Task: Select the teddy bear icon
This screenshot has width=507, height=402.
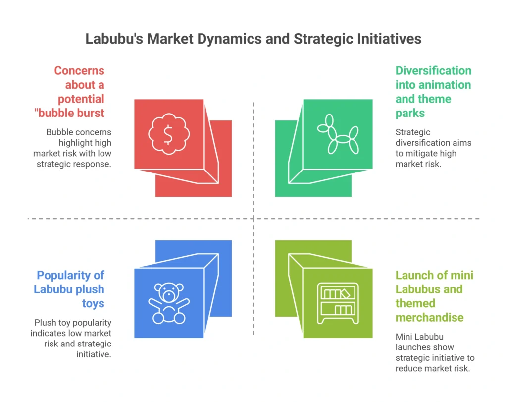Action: click(x=169, y=303)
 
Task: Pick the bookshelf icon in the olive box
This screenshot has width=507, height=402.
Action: click(x=338, y=303)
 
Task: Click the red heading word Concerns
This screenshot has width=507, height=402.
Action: click(x=79, y=71)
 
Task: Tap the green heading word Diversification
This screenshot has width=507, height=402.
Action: click(x=433, y=71)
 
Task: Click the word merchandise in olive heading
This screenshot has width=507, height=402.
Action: click(x=429, y=318)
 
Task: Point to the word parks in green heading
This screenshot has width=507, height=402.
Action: click(x=410, y=113)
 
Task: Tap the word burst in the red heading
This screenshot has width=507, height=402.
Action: click(x=90, y=113)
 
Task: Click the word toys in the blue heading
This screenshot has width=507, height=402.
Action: click(x=94, y=303)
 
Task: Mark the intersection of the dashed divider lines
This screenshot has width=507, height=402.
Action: click(x=253, y=218)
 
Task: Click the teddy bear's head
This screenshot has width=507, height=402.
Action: click(x=169, y=293)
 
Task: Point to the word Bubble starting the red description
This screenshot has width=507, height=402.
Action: click(x=59, y=132)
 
